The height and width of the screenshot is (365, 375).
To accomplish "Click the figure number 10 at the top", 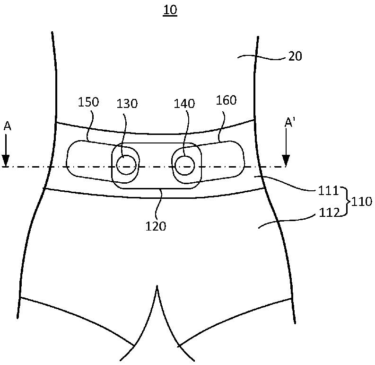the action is click(170, 10).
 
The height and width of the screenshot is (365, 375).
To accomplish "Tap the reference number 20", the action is click(295, 56).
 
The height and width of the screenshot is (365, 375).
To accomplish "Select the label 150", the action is click(88, 103).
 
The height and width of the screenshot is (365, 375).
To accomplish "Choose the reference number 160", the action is click(226, 100).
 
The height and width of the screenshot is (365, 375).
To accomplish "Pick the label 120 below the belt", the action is click(156, 226).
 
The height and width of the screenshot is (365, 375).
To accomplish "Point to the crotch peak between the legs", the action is click(157, 287).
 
